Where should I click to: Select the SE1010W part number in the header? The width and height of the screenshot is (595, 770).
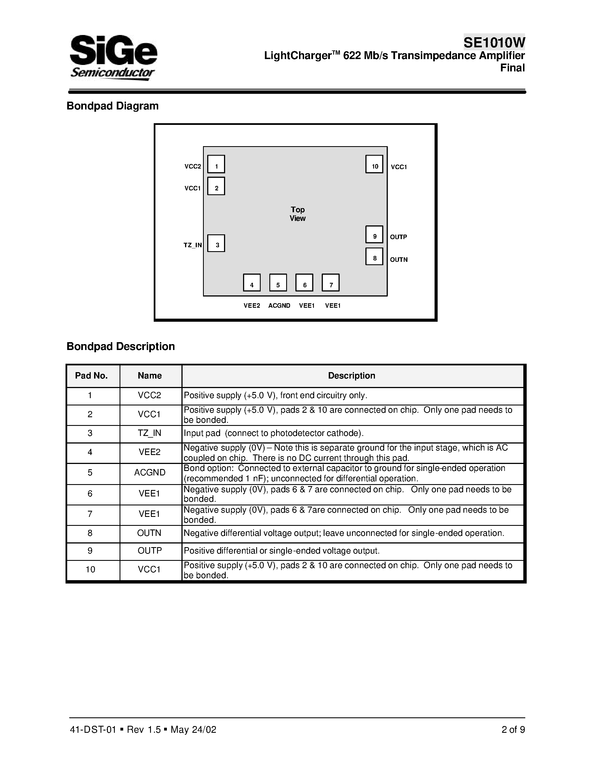pos(494,43)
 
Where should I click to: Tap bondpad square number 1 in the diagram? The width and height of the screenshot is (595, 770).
pos(216,164)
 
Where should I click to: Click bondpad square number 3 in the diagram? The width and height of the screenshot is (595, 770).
pos(216,243)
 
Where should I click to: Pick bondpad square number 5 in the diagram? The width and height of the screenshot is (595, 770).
pos(278,283)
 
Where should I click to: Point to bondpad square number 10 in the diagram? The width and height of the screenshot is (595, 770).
pos(374,164)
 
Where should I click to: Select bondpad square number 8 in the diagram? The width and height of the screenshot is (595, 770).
pos(374,257)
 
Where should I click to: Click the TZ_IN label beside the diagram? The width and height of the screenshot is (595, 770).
pos(192,245)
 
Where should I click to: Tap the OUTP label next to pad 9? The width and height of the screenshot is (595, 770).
pos(398,237)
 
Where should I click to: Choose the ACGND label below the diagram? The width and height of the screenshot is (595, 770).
pos(279,306)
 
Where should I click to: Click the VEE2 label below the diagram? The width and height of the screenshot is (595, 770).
pos(252,306)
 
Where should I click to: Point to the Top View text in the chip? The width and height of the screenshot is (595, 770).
pos(297,214)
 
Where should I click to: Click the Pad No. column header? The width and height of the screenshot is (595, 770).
pos(91,375)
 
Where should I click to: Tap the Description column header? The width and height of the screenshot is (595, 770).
pos(351,375)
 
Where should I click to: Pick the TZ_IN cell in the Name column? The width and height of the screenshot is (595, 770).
pos(150,433)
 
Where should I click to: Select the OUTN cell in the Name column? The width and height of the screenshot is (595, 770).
pos(149,533)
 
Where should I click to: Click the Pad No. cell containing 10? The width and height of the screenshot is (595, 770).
pos(90,570)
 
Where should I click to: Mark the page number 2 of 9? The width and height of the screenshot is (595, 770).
pos(513,729)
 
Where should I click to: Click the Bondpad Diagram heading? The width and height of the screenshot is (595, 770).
pos(113,106)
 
